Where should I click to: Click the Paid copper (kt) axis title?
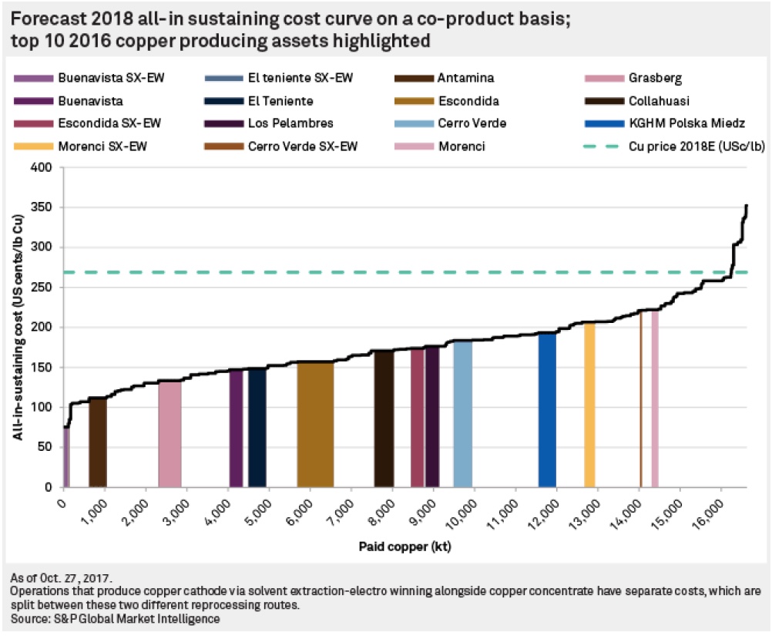[404, 547]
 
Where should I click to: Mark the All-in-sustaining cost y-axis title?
[17, 328]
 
